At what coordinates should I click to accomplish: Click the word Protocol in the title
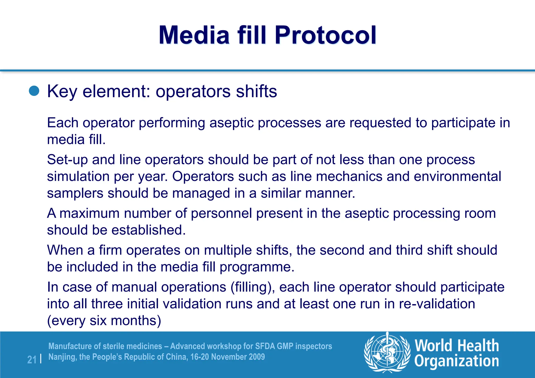(x=325, y=35)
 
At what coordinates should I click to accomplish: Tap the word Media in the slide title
(x=194, y=35)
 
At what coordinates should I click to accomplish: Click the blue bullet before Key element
(x=34, y=91)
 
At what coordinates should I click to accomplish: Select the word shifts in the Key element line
(x=256, y=91)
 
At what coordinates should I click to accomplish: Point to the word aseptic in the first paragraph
(x=231, y=123)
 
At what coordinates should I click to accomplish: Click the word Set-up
(x=67, y=160)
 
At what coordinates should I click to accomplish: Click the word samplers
(x=75, y=193)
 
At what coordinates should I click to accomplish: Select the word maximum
(x=89, y=213)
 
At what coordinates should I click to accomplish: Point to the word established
(x=148, y=230)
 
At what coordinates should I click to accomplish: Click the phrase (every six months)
(x=104, y=321)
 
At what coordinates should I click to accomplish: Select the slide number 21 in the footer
(x=32, y=360)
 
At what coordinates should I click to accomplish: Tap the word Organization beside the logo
(x=457, y=361)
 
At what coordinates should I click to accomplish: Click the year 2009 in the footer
(x=257, y=357)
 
